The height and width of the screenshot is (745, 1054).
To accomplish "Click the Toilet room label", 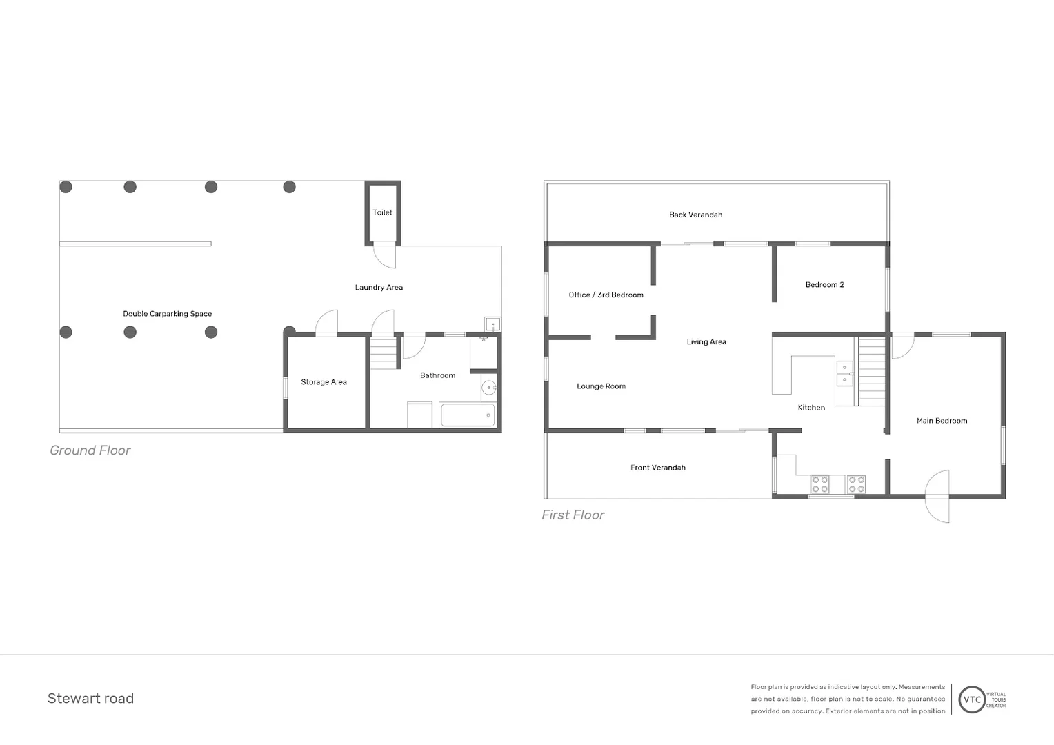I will click(x=382, y=212).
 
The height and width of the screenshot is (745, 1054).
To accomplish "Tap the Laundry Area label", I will click(x=379, y=287).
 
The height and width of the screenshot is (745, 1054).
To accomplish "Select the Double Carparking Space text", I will click(x=167, y=314).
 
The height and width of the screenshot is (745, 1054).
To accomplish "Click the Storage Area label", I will click(x=324, y=382).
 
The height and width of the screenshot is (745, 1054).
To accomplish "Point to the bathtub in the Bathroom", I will click(x=467, y=415).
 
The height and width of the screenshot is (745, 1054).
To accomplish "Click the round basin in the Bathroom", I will click(x=489, y=388).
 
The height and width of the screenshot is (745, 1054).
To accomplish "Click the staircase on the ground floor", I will click(x=384, y=352).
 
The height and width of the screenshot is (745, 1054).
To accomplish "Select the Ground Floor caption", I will click(x=90, y=450).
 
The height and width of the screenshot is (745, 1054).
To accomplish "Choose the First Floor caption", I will click(x=573, y=515).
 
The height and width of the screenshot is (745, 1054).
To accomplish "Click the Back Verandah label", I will click(x=695, y=215).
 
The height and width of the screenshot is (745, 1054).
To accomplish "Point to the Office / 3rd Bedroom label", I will click(x=606, y=295).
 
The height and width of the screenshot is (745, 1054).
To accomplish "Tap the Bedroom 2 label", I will click(x=824, y=284).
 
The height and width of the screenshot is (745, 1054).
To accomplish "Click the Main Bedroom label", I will click(x=942, y=421).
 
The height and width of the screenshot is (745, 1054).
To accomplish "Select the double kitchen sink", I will click(x=844, y=373).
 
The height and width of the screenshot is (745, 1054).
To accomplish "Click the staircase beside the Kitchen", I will click(x=871, y=370).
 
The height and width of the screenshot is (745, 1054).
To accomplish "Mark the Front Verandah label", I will click(x=657, y=468).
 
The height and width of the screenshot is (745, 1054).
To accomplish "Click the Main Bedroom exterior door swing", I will click(x=938, y=497).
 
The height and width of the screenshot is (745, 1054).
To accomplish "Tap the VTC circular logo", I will click(x=972, y=699).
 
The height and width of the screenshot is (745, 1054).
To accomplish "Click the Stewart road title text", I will click(x=90, y=698).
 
